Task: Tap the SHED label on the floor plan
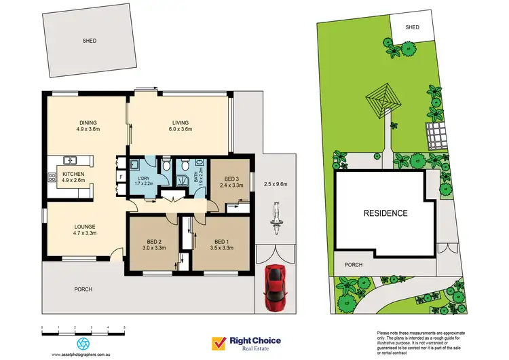[90, 41]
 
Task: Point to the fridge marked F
[121, 177]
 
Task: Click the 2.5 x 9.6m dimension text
[276, 184]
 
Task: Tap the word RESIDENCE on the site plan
[385, 213]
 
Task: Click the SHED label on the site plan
[413, 27]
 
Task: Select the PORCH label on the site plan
[354, 265]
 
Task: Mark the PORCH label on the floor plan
[83, 289]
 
